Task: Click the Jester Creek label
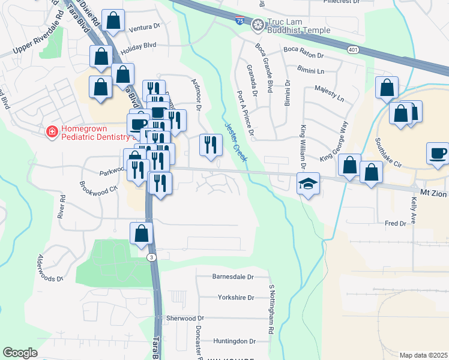pyautogui.click(x=236, y=142)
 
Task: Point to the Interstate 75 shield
pyautogui.click(x=240, y=21)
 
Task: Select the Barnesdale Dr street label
pyautogui.click(x=234, y=277)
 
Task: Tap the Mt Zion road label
pyautogui.click(x=433, y=193)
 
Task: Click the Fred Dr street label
pyautogui.click(x=396, y=224)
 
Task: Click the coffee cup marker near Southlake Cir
pyautogui.click(x=438, y=153)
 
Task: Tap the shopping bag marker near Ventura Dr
pyautogui.click(x=113, y=21)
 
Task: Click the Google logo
pyautogui.click(x=20, y=353)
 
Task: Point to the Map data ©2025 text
pyautogui.click(x=423, y=355)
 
